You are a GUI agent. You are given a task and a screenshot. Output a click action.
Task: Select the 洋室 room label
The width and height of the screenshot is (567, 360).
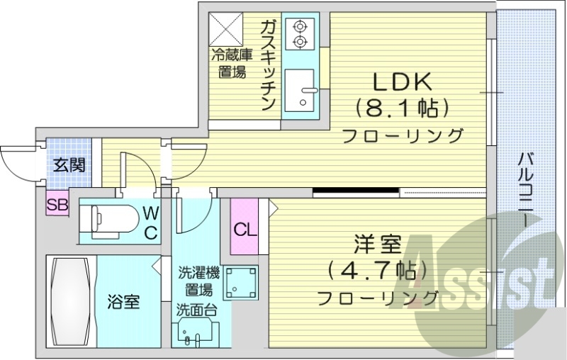378,246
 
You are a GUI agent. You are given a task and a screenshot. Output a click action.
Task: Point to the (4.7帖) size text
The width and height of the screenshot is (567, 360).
377,271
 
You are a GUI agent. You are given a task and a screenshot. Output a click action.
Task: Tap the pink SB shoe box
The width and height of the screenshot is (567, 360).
57,205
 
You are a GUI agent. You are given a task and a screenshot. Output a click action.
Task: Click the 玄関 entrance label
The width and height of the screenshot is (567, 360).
69,167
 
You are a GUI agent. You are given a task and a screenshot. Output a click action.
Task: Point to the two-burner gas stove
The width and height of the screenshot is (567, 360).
300,34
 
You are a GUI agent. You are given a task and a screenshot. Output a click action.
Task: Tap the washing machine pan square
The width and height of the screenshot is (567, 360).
242,281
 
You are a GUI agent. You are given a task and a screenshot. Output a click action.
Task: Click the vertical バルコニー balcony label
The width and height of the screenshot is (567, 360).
525,188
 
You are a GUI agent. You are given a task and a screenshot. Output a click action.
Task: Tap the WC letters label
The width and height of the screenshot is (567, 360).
151,221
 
